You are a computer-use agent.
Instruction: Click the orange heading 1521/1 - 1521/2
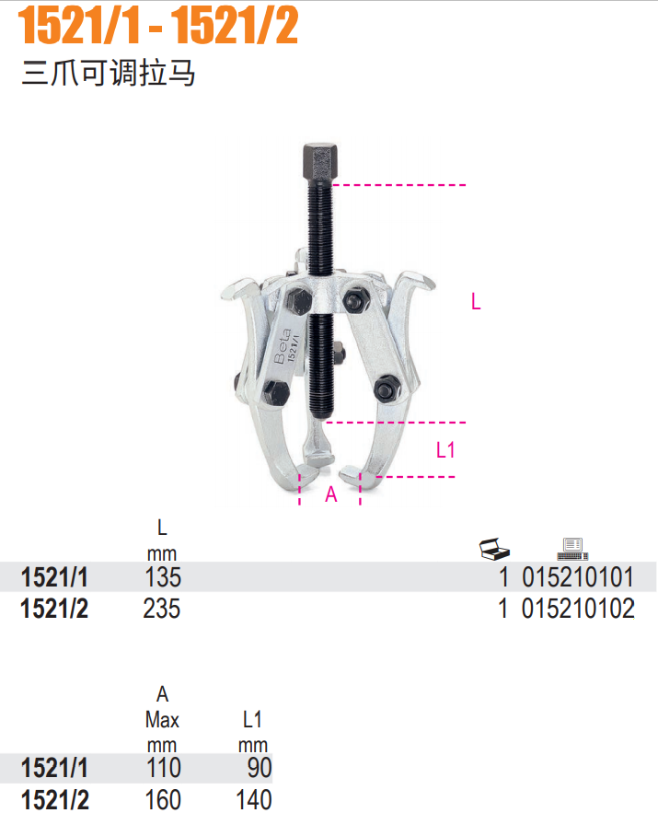point(158,26)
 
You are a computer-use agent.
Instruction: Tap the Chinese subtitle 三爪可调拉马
point(109,73)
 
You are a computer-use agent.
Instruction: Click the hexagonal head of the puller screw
point(320,161)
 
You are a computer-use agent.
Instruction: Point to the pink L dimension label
point(476,301)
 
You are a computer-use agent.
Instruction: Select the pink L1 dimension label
point(445,449)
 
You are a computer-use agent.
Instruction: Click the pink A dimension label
point(331,494)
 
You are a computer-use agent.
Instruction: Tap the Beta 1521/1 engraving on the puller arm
point(286,346)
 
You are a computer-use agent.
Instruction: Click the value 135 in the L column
point(163,577)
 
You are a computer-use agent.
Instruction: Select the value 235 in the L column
point(162,609)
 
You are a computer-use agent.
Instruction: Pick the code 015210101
point(578,577)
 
